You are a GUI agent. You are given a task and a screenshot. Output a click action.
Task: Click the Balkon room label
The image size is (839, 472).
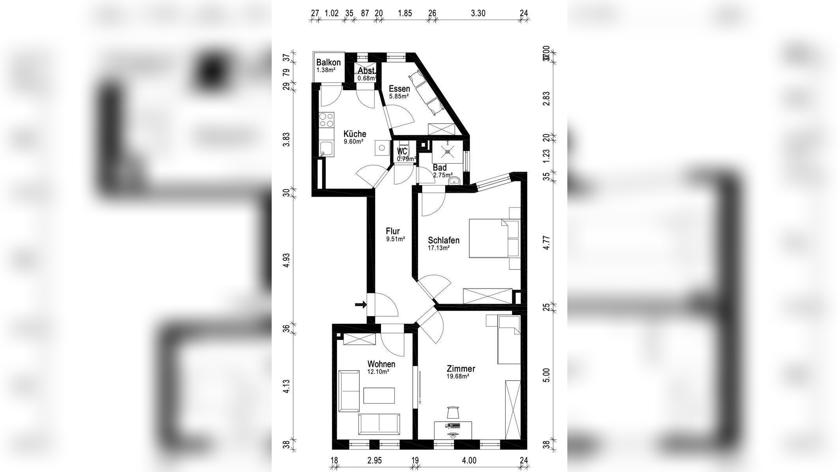tap(328, 63)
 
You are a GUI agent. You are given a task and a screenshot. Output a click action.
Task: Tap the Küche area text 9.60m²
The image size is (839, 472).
tap(353, 142)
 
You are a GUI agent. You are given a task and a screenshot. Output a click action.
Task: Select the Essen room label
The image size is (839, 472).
tap(399, 88)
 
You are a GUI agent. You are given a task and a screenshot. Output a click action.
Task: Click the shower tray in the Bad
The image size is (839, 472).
tap(447, 151)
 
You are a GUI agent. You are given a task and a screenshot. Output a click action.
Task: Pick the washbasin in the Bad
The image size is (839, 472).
tap(454, 181)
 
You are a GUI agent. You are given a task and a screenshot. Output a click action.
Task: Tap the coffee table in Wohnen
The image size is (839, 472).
tap(379, 395)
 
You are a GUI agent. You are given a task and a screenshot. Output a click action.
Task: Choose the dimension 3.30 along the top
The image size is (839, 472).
tap(478, 13)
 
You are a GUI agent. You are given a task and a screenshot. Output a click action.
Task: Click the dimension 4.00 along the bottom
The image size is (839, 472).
tap(469, 460)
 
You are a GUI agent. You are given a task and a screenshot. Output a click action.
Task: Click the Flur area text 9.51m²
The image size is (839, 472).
tap(395, 239)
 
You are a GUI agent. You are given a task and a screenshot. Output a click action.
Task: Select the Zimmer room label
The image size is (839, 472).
tap(461, 369)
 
